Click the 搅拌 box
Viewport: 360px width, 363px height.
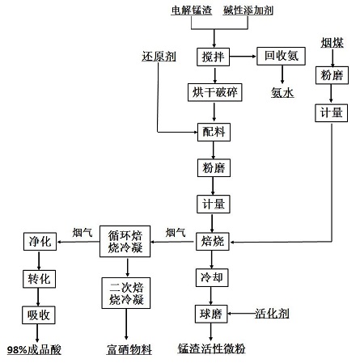coord(213,57)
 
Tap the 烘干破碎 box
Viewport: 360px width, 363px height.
coord(213,91)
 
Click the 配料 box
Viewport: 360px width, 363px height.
coord(213,131)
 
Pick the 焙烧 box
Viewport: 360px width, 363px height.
coord(213,241)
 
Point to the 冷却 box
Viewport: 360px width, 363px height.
coord(213,277)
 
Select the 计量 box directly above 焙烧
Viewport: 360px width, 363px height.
coord(213,204)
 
